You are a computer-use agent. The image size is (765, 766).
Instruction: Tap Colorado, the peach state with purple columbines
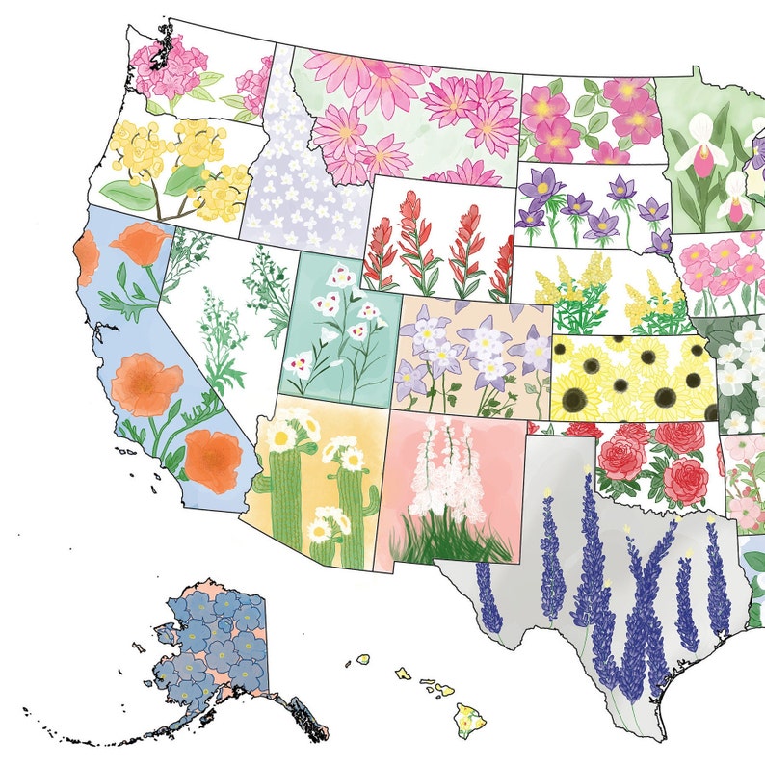pyautogui.click(x=472, y=357)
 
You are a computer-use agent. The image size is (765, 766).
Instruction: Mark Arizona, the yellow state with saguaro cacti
pyautogui.click(x=313, y=482)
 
